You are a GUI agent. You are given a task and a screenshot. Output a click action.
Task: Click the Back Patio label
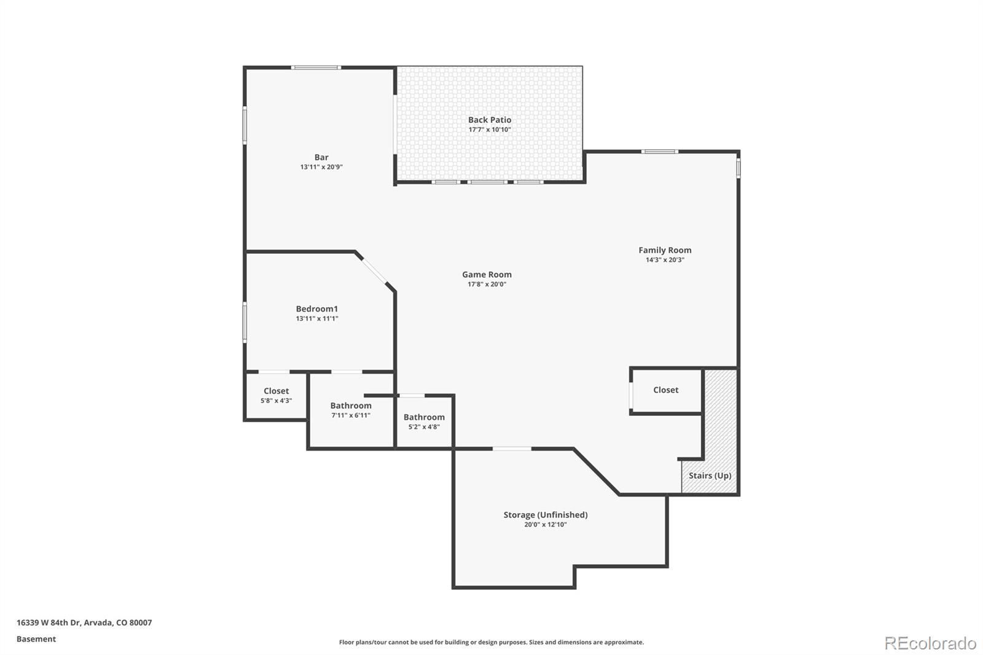pyautogui.click(x=489, y=120)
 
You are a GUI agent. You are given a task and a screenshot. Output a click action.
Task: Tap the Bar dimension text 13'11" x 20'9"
pyautogui.click(x=321, y=167)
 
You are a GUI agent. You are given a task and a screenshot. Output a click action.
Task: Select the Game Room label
pyautogui.click(x=487, y=275)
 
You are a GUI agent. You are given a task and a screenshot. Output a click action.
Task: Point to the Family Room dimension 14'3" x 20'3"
pyautogui.click(x=665, y=260)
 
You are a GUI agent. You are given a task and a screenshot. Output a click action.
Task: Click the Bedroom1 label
pyautogui.click(x=316, y=309)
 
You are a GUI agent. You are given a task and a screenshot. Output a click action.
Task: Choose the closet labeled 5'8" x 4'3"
pyautogui.click(x=276, y=395)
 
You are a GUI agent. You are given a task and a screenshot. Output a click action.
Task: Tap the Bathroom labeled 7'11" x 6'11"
pyautogui.click(x=351, y=410)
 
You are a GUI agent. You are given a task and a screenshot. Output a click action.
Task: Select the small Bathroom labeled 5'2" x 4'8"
pyautogui.click(x=424, y=422)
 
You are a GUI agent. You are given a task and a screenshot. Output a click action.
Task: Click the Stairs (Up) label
pyautogui.click(x=710, y=476)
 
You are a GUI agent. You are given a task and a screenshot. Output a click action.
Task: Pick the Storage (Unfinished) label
pyautogui.click(x=545, y=515)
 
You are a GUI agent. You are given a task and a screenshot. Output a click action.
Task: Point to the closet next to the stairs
pyautogui.click(x=665, y=390)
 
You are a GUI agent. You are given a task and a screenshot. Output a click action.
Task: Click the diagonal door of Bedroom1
pyautogui.click(x=375, y=272)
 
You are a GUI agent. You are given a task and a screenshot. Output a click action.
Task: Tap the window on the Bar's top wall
pyautogui.click(x=316, y=68)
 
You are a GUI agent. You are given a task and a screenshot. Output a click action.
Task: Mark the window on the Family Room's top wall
pyautogui.click(x=660, y=152)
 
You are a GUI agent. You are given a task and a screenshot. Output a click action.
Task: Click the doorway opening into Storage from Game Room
pyautogui.click(x=512, y=449)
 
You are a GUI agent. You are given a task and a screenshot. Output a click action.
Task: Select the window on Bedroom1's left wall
pyautogui.click(x=245, y=321)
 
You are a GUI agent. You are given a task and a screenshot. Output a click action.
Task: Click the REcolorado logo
pyautogui.click(x=930, y=643)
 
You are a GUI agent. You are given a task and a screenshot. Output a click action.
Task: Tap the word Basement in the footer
pyautogui.click(x=36, y=639)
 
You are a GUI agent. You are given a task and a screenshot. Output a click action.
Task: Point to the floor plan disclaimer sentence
pyautogui.click(x=491, y=642)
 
